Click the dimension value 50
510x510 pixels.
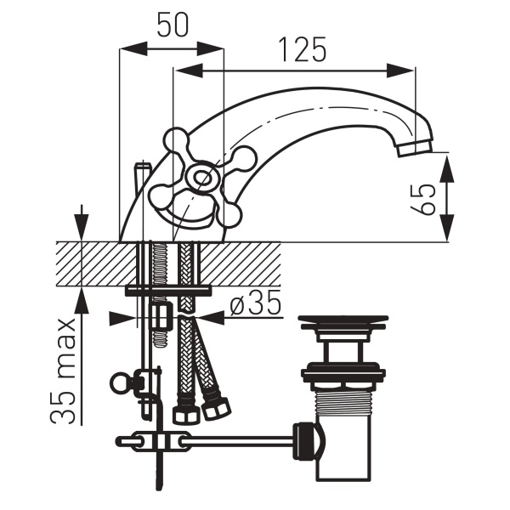tap(173, 25)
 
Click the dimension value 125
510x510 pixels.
tap(302, 50)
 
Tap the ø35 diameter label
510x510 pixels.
tap(255, 302)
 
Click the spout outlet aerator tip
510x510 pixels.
tap(415, 148)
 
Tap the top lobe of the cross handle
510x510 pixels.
tap(176, 141)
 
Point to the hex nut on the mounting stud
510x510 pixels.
tap(161, 314)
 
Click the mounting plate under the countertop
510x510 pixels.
tap(168, 290)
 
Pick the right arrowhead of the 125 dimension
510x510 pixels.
tap(400, 71)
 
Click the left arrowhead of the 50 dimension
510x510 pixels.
tap(133, 49)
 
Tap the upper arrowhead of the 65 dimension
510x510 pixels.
tap(448, 168)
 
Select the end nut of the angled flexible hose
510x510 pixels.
tap(217, 409)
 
